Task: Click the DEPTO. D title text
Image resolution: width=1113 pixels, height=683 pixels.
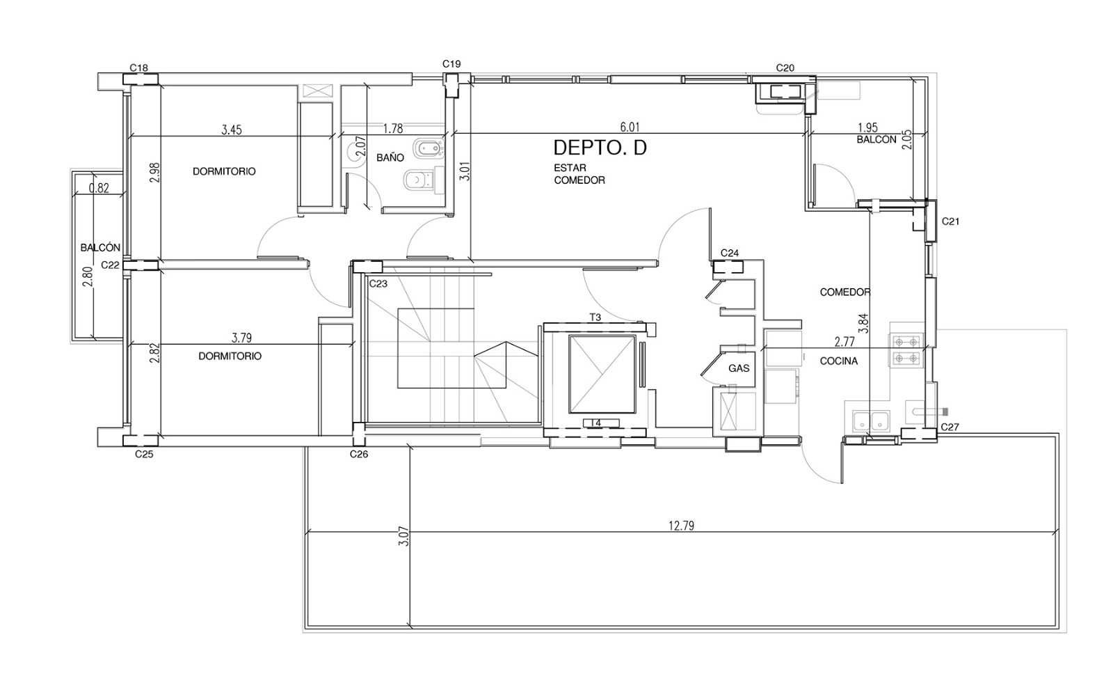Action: (x=600, y=148)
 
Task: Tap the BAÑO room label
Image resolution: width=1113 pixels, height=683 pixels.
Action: (x=390, y=157)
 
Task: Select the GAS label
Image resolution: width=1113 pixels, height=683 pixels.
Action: (x=739, y=368)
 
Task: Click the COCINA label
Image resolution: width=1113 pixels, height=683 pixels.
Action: (x=839, y=361)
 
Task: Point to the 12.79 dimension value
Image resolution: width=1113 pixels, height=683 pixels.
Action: (x=681, y=526)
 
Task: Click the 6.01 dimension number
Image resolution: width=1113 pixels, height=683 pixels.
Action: (x=630, y=127)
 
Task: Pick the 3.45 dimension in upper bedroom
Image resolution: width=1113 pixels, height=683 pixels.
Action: (x=232, y=129)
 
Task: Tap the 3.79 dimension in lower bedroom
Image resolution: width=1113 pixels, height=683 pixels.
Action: (x=241, y=338)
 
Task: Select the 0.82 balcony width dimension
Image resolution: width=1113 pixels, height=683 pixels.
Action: (x=99, y=188)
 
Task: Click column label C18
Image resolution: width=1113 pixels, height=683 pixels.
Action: (x=138, y=68)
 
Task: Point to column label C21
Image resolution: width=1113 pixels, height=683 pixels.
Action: (x=950, y=221)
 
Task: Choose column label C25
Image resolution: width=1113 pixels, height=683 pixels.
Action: (x=144, y=454)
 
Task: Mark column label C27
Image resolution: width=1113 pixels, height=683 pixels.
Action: (x=950, y=427)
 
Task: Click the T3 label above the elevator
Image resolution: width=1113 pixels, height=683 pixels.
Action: (x=595, y=317)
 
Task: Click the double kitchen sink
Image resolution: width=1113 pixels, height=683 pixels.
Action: (x=871, y=421)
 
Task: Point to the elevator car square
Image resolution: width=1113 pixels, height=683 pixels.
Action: (x=602, y=374)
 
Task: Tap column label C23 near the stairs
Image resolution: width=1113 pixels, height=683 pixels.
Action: (x=378, y=283)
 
